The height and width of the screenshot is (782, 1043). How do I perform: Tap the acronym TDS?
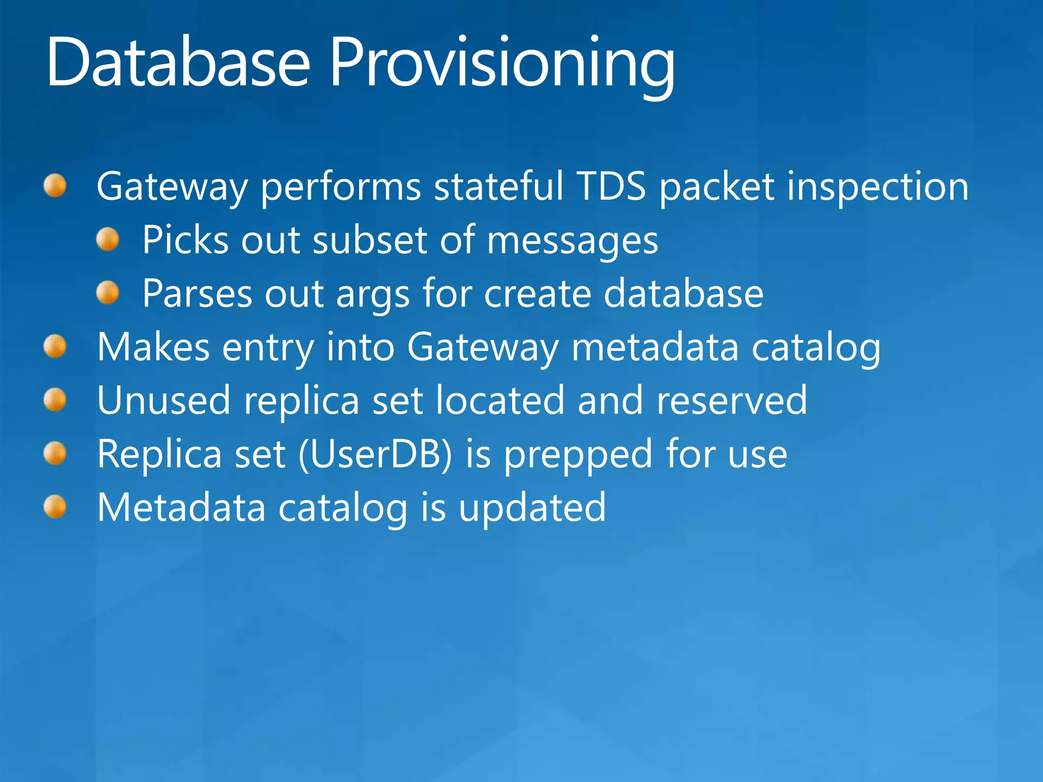tap(612, 186)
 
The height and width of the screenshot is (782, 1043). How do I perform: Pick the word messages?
tap(572, 241)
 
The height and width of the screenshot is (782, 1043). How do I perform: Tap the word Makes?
tap(153, 347)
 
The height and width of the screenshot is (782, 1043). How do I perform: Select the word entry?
tap(268, 349)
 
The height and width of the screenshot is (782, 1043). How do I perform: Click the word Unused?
tap(163, 401)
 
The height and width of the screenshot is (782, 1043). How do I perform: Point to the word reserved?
tap(731, 401)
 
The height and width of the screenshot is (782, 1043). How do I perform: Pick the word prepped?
tap(578, 456)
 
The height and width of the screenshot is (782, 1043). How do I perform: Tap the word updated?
tap(532, 508)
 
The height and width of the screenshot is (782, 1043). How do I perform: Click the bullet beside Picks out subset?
tap(107, 239)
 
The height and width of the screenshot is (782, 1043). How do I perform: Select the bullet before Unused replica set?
tap(55, 400)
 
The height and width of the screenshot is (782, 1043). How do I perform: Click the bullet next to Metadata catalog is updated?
tap(55, 507)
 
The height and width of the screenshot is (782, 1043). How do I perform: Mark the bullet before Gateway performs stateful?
tap(55, 186)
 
